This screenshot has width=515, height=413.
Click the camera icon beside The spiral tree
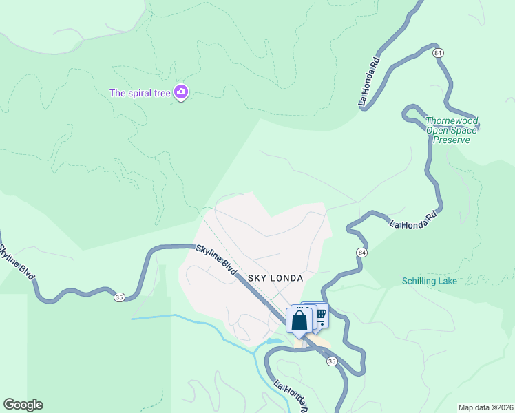(x=181, y=92)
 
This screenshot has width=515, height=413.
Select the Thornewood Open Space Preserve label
(x=452, y=129)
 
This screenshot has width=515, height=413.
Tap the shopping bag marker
(x=299, y=321)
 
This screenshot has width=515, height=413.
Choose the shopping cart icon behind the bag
(x=320, y=314)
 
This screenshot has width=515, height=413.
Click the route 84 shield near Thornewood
(x=438, y=52)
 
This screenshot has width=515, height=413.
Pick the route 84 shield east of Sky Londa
(x=361, y=253)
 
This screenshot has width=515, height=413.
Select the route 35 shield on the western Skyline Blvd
(x=119, y=297)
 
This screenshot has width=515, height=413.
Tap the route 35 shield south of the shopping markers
(x=333, y=361)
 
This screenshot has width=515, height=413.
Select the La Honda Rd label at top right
(x=370, y=81)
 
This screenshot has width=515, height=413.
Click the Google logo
(x=23, y=405)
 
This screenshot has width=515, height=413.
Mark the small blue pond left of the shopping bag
(x=274, y=341)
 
